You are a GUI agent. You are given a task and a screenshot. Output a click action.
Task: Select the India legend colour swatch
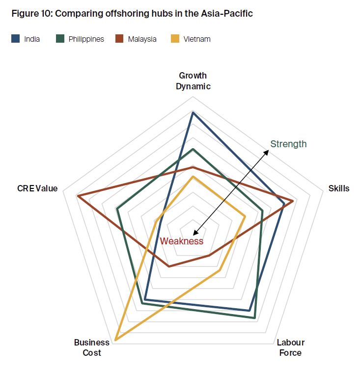15,39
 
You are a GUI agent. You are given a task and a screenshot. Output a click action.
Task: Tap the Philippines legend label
86,39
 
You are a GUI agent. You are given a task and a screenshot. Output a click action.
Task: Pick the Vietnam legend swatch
174,39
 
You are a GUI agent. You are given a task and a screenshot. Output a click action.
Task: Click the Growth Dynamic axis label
193,81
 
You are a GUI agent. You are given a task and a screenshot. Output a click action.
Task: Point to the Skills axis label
338,188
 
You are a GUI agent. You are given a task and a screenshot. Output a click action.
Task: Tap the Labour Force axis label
290,347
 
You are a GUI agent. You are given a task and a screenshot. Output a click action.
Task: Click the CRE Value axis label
37,188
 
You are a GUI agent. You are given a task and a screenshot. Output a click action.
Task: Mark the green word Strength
288,144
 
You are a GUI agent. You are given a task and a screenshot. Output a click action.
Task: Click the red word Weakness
181,241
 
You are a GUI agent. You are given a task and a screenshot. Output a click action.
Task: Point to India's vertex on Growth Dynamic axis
193,113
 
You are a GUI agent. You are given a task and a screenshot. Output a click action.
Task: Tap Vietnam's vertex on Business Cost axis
115,340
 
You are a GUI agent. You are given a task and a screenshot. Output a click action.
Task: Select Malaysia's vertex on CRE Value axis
78,196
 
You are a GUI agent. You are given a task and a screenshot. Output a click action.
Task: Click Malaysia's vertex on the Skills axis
293,201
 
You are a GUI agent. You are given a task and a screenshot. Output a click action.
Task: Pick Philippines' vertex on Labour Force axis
255,318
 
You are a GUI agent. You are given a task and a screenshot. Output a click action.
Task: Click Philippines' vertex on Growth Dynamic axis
193,149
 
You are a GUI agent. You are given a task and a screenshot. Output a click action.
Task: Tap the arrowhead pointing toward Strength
268,152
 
